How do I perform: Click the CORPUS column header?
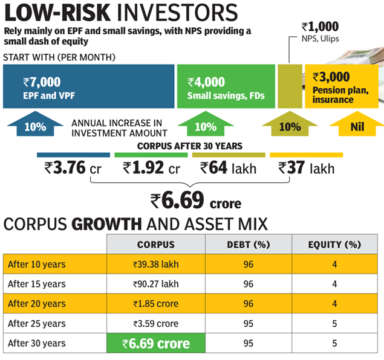point(156,245)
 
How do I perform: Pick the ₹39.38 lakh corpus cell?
point(156,264)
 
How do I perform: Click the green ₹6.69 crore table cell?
point(156,344)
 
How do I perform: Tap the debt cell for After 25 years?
point(248,324)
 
